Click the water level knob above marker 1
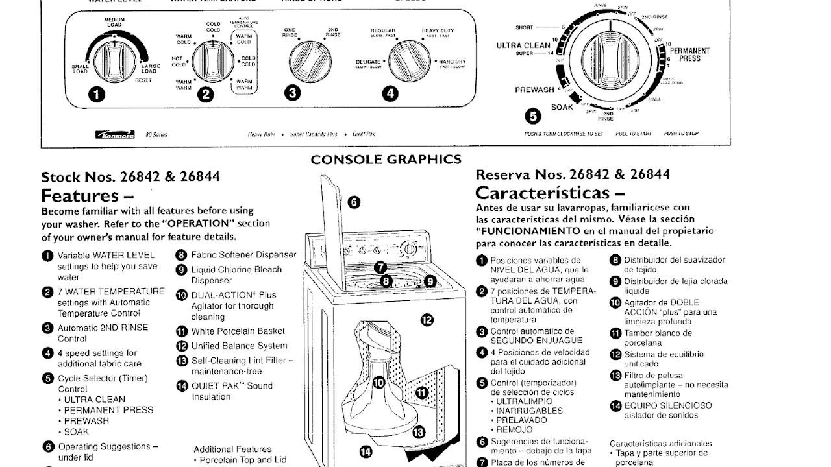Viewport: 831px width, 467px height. (114, 62)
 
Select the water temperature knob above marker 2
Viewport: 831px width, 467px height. (208, 62)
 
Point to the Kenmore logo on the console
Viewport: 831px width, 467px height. (115, 134)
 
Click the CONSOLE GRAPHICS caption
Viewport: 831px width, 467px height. (386, 160)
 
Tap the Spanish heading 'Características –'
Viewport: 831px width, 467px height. (551, 193)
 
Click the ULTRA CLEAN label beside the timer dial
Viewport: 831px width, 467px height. (523, 45)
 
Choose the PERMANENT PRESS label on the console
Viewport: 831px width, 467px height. (689, 54)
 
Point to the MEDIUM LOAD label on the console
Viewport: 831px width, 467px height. (114, 23)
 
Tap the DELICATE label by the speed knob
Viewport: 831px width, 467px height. (368, 62)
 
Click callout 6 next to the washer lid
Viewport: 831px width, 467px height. (354, 202)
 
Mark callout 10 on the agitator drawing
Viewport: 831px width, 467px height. (379, 383)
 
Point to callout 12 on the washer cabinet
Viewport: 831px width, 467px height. (427, 318)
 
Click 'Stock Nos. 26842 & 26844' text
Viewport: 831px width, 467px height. (130, 176)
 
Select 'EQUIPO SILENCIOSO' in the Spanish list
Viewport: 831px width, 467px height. (668, 405)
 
